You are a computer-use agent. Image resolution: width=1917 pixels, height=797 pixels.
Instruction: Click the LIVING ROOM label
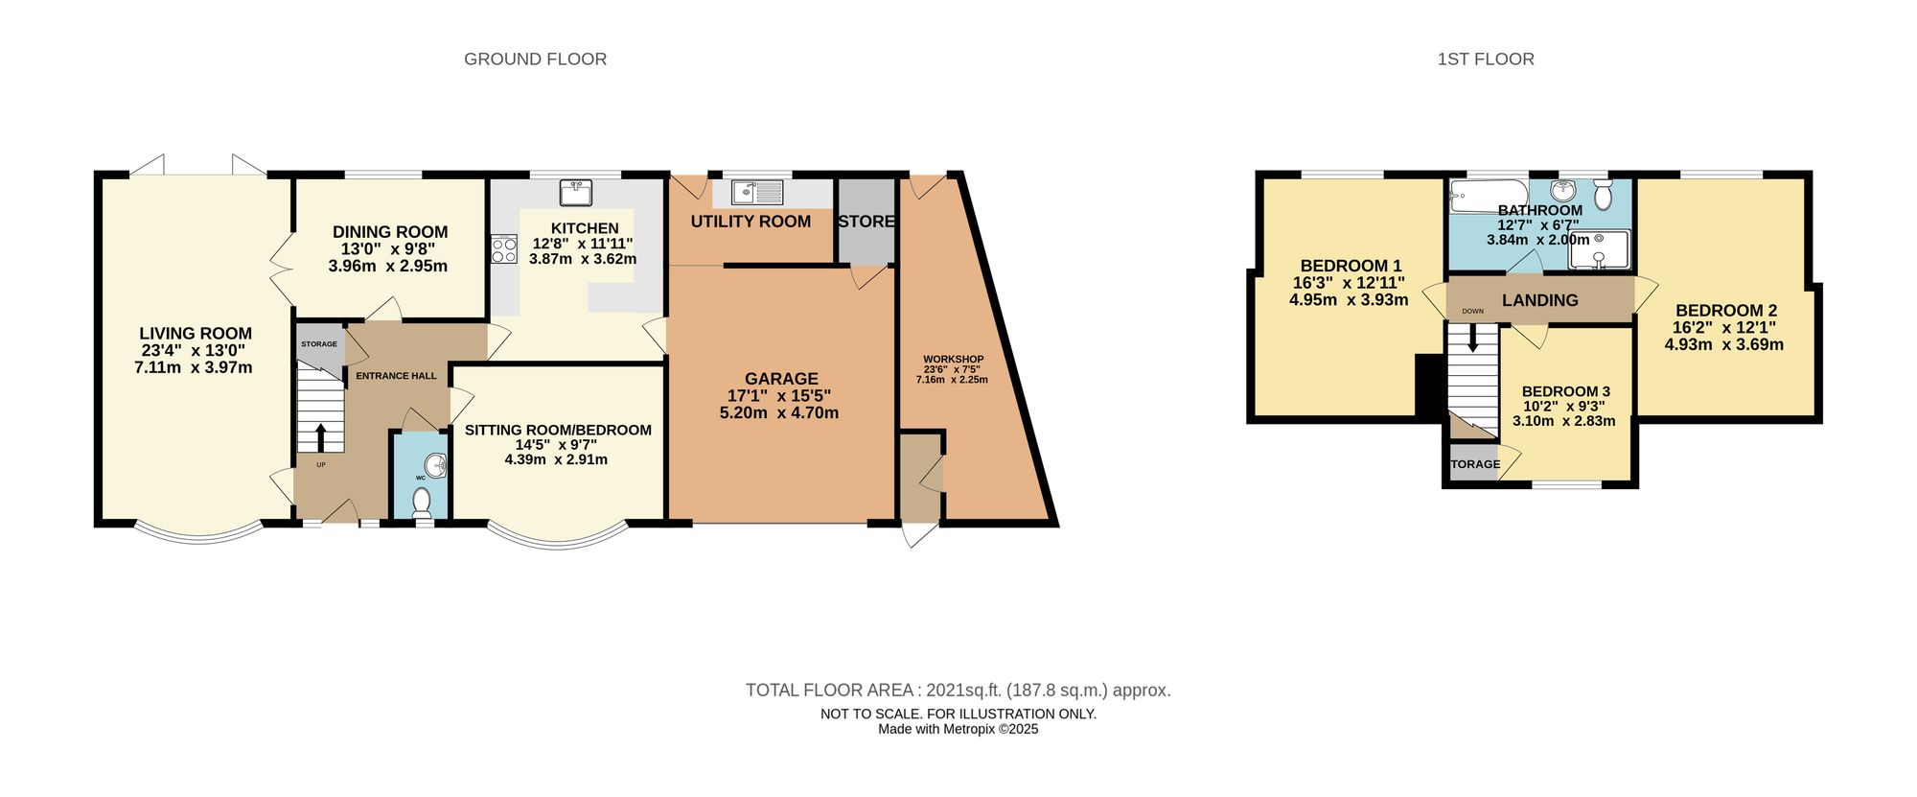196,334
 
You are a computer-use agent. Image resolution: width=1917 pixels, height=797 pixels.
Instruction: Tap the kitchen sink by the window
576,193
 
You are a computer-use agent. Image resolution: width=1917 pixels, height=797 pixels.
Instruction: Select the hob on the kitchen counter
504,249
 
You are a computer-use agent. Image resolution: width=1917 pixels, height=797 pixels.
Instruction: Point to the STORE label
866,222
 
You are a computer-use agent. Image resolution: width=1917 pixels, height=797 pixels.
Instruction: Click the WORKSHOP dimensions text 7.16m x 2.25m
952,380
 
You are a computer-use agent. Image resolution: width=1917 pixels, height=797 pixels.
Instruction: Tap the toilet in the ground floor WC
421,500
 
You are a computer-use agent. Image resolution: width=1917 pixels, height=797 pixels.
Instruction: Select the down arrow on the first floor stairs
1473,339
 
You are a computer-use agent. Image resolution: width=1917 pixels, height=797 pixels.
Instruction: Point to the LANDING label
1539,300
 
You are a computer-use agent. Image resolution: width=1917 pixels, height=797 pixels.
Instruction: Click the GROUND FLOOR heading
535,59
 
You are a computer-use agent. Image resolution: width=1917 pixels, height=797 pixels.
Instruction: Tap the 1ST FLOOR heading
1486,59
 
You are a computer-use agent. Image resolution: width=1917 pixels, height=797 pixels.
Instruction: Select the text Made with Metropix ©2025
958,729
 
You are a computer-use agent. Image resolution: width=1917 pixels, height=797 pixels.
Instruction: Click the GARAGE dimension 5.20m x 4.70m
778,413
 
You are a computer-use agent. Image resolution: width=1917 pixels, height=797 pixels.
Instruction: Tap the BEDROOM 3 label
1565,391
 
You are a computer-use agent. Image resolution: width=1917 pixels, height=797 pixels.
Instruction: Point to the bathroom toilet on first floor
1603,196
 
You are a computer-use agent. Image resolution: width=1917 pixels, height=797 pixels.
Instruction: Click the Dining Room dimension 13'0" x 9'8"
388,248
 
